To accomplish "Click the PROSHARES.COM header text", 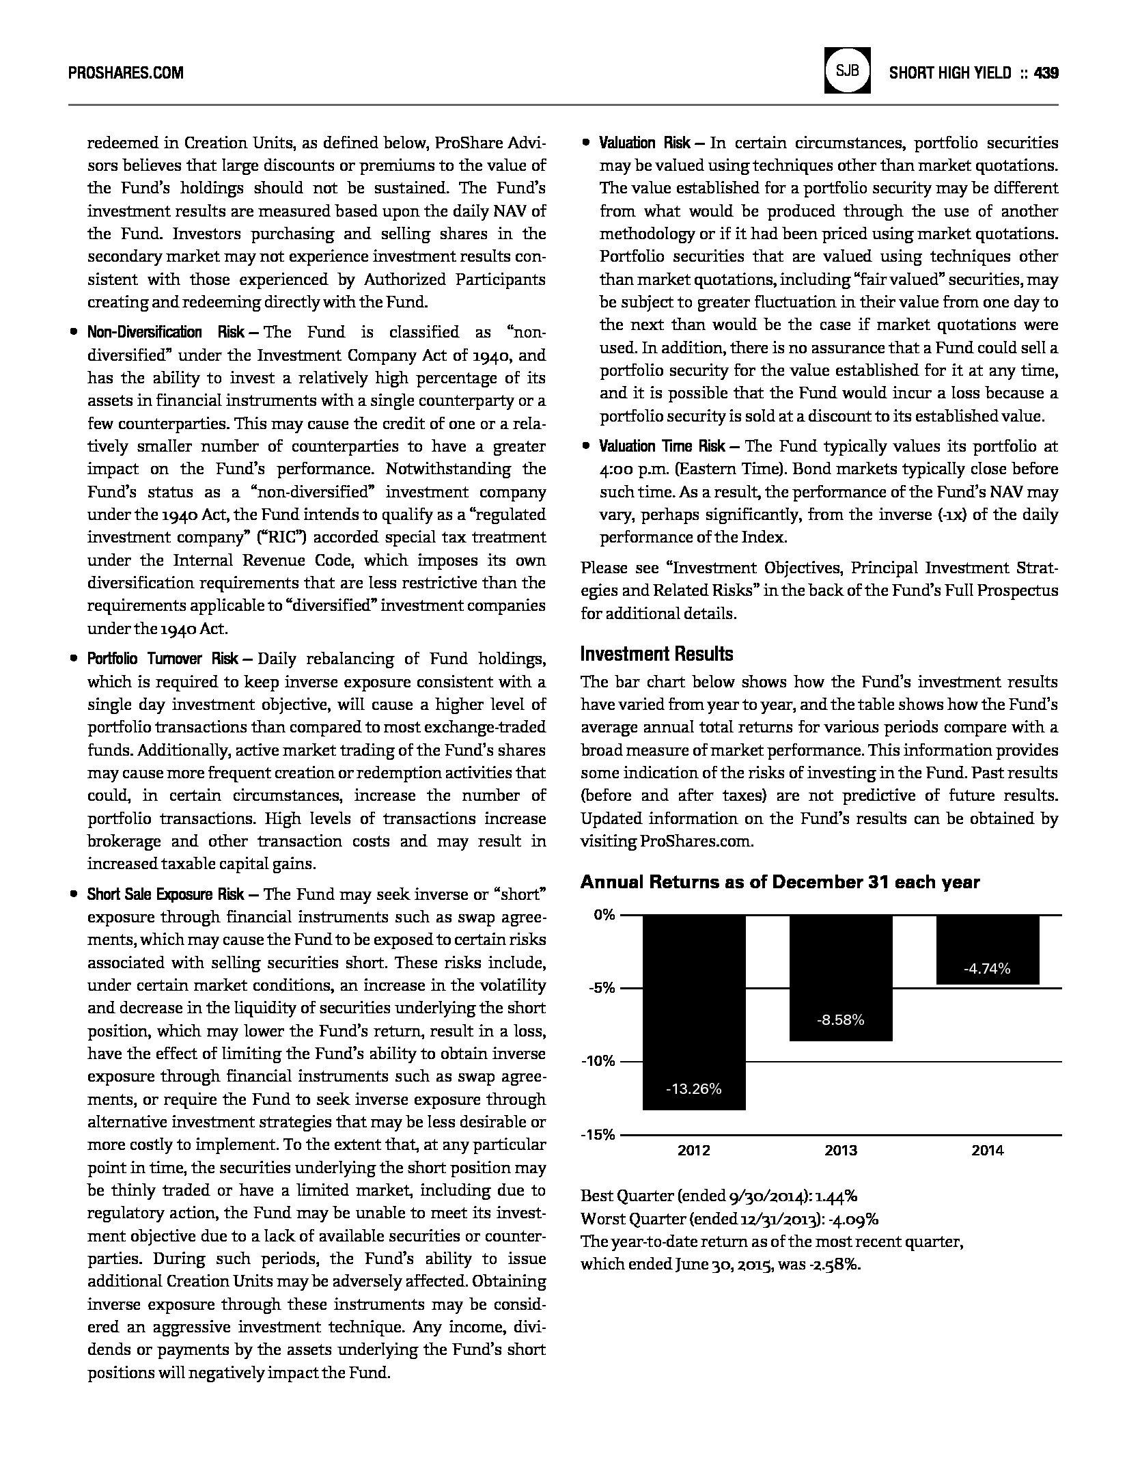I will tap(126, 73).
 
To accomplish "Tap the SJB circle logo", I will tap(847, 70).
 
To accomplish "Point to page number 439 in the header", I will tap(1046, 73).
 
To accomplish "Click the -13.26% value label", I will tap(694, 1089).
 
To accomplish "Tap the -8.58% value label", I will tap(841, 1020).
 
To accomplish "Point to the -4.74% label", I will tap(987, 968).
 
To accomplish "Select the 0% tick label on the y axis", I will tap(604, 915).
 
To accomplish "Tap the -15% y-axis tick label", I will tap(598, 1135).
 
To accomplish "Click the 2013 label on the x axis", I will tap(841, 1151).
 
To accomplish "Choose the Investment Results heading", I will tap(656, 655).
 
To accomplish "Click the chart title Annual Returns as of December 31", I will tap(780, 882).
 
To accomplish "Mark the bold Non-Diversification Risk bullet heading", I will tap(165, 333).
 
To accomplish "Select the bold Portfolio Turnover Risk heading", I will tap(163, 659).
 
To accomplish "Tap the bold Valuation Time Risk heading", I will tap(662, 447).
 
